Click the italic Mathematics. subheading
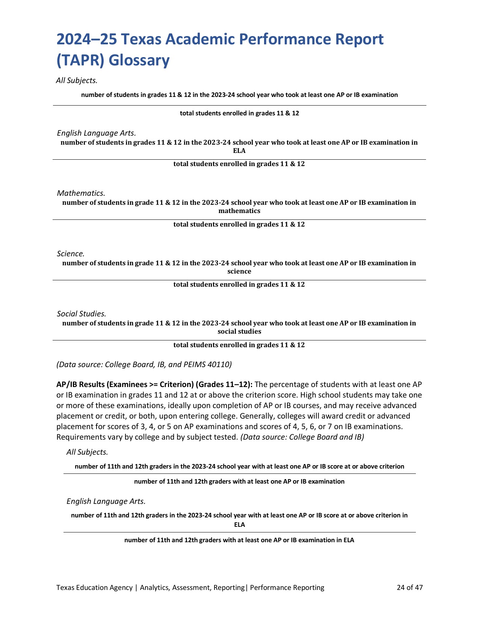tap(81, 193)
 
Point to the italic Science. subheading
tap(71, 254)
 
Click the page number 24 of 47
tap(409, 587)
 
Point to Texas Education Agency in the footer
tap(94, 587)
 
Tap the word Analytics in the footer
tap(155, 587)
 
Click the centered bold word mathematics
tap(239, 211)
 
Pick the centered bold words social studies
tap(239, 331)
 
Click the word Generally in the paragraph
tap(257, 416)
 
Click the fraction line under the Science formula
tap(239, 280)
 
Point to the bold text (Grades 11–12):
tap(224, 384)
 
